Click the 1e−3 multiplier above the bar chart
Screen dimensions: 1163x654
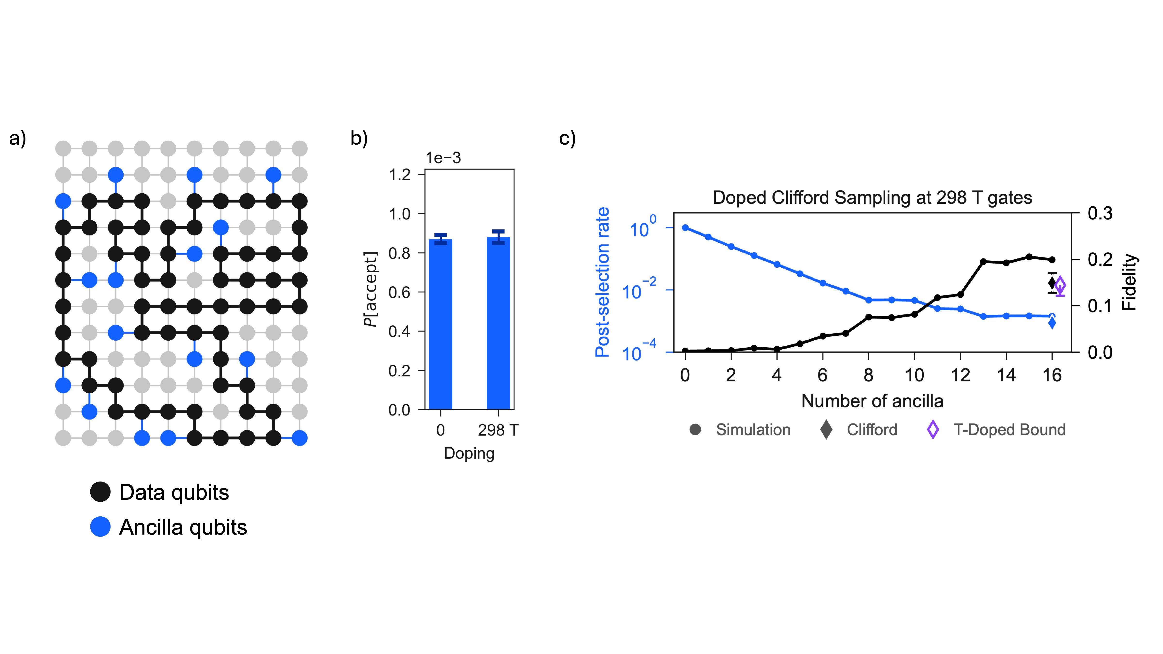pos(443,158)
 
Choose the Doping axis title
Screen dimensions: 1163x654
pos(469,453)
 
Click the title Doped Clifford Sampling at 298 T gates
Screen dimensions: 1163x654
pos(872,198)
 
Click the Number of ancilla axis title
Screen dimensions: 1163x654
pos(872,401)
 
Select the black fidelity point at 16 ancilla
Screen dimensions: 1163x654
pos(1052,259)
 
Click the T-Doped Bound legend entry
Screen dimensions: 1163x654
pos(996,430)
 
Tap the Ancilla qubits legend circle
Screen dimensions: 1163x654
pos(100,527)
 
